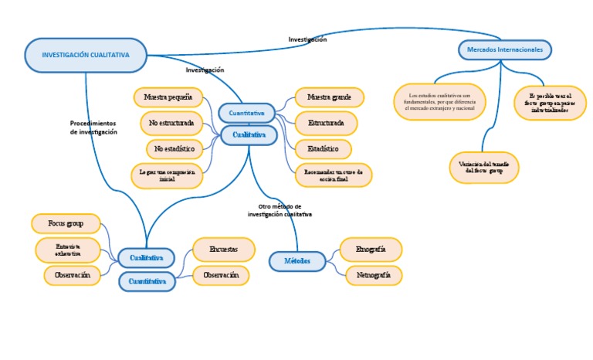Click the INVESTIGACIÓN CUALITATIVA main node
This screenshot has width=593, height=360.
pos(85,55)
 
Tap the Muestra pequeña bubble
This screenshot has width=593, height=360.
pos(168,97)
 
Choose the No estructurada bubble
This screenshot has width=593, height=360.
pos(171,123)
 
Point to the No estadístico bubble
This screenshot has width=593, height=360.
pos(175,148)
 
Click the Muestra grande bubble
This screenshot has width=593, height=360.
pos(329,97)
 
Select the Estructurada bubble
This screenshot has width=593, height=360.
pos(326,123)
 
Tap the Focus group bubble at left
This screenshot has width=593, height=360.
pos(66,223)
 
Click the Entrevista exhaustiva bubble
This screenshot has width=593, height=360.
pos(67,250)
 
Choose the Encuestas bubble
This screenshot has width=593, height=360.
pos(223,249)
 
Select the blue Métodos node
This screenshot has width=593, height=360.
pos(297,261)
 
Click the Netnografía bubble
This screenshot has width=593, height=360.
pos(374,275)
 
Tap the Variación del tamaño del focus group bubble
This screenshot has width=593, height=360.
pos(484,168)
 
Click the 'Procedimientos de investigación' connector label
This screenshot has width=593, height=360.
pos(93,127)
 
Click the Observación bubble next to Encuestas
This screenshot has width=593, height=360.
pos(221,275)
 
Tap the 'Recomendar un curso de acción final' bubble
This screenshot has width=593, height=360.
pos(334,175)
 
